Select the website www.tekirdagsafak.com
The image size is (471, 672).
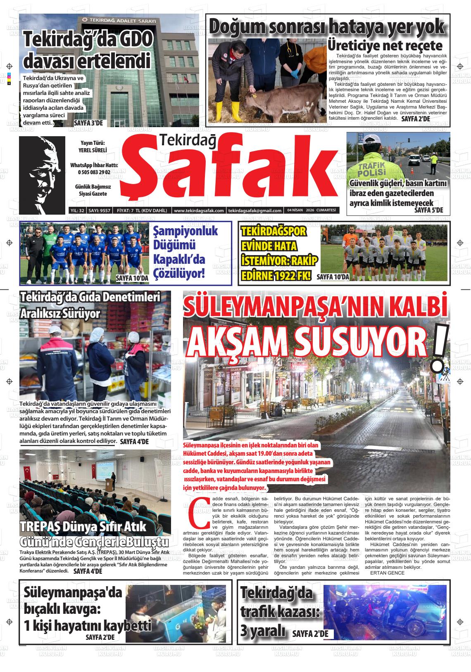[x=199, y=211]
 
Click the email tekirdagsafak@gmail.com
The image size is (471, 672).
[x=255, y=211]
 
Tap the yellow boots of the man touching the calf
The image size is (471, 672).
[x=235, y=111]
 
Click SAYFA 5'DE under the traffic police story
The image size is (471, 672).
[x=428, y=210]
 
